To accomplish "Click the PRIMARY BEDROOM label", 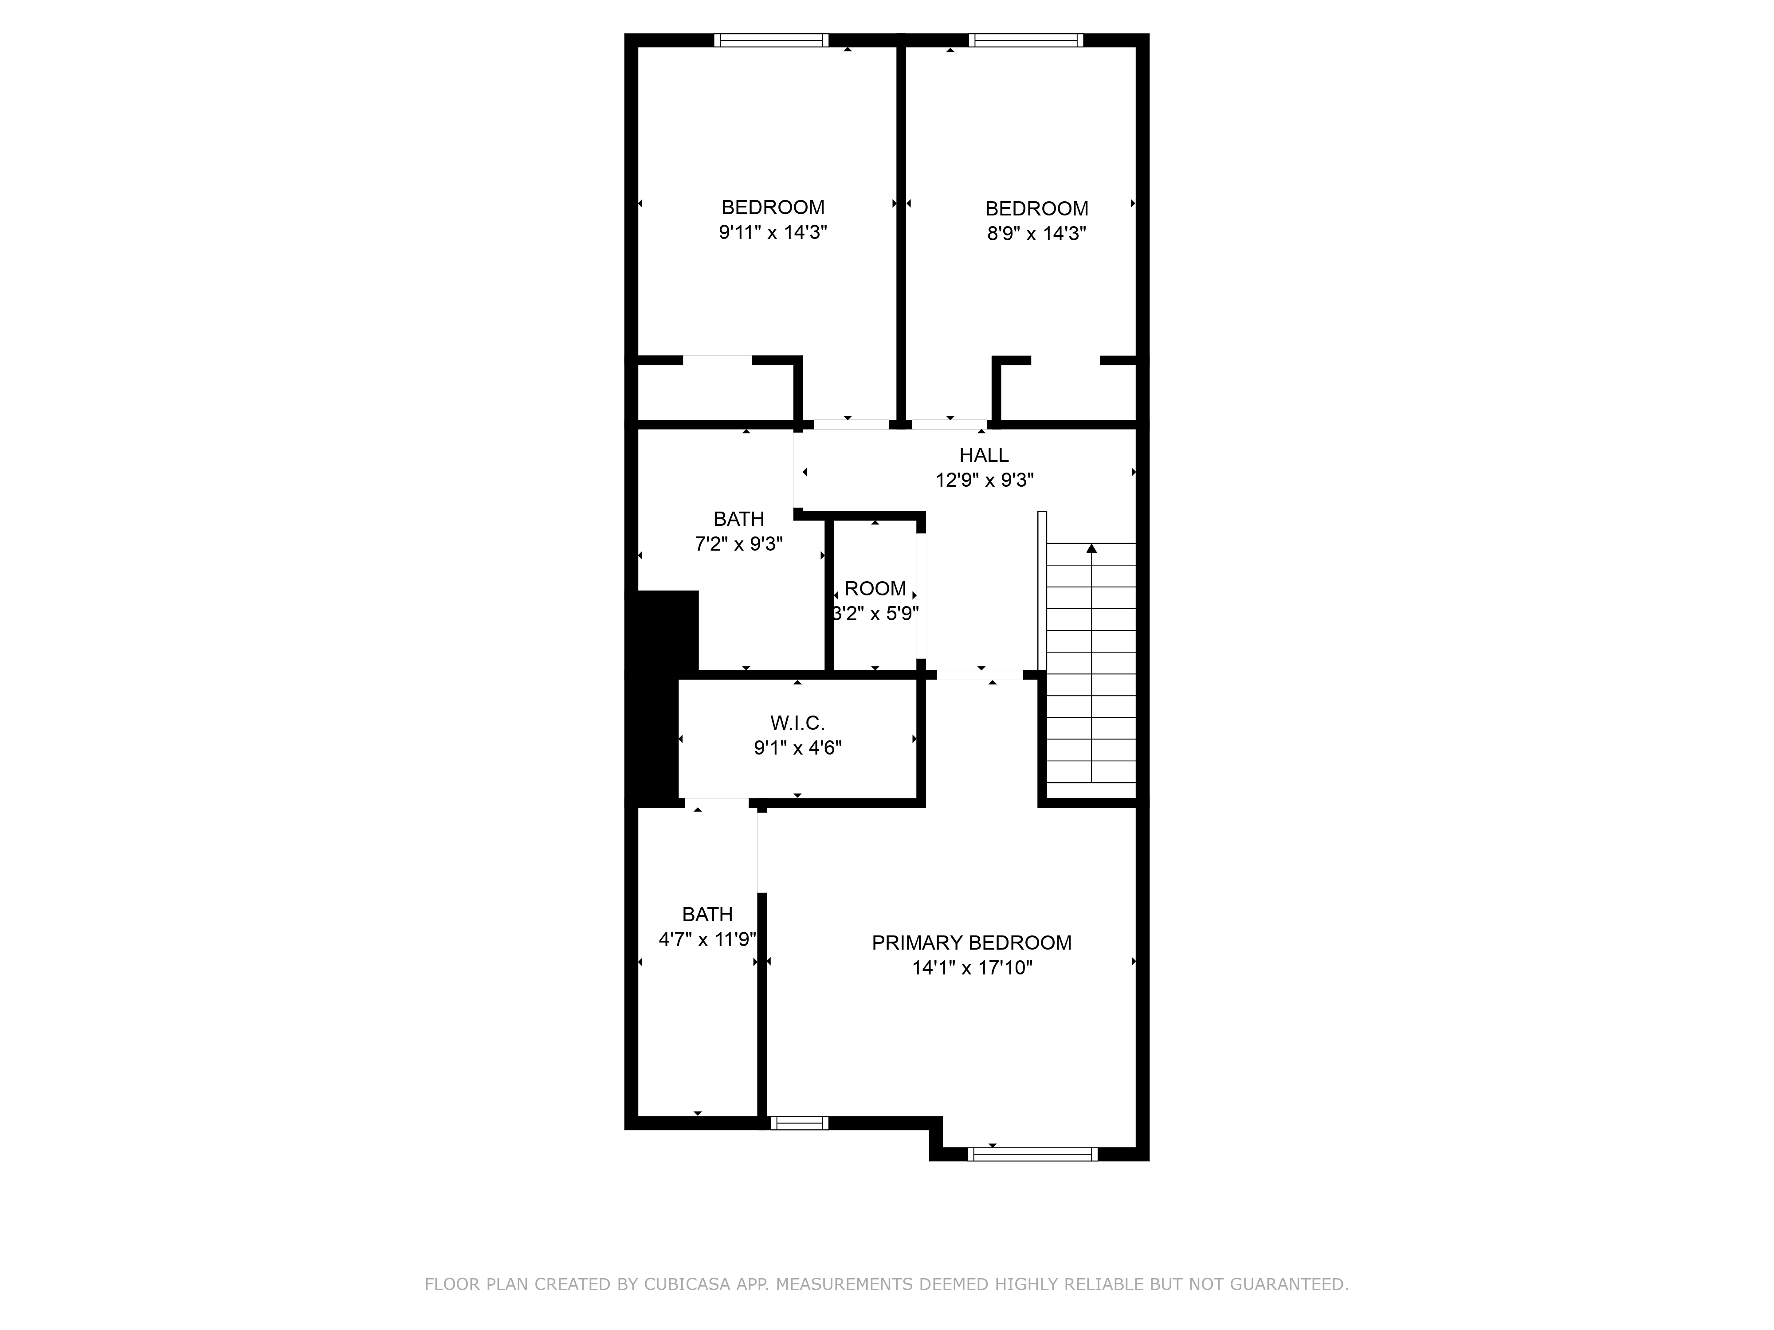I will [971, 943].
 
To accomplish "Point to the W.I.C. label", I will [797, 723].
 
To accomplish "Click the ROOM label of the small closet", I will [875, 588].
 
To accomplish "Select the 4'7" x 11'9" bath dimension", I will [706, 939].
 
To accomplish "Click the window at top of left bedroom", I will [772, 40].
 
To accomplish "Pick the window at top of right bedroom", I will [1026, 40].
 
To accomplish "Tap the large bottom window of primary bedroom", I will [1032, 1154].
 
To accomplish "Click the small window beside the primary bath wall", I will [799, 1123].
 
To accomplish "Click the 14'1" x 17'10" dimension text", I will [971, 968].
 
